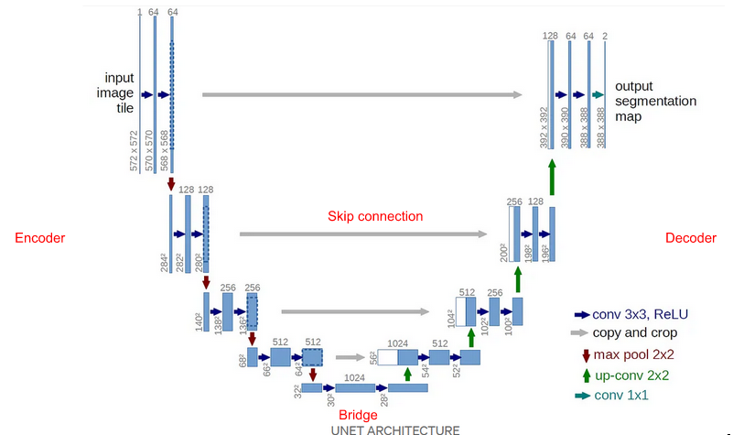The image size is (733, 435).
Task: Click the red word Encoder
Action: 40,238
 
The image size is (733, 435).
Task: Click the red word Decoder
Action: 691,238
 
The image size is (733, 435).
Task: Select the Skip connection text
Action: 375,217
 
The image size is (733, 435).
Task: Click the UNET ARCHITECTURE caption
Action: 396,429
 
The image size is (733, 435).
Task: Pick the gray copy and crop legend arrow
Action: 579,333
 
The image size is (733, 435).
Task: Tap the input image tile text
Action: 118,92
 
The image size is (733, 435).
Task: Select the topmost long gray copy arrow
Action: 361,94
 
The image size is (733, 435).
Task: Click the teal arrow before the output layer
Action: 598,94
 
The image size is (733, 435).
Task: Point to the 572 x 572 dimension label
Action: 135,150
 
